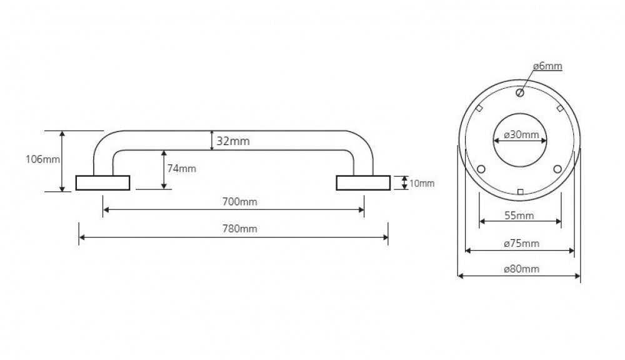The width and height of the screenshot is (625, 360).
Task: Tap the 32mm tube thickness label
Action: (x=233, y=141)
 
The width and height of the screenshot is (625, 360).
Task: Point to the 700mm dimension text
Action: (x=241, y=201)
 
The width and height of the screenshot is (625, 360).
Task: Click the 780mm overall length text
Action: (x=241, y=229)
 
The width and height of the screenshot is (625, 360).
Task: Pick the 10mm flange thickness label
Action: (x=421, y=183)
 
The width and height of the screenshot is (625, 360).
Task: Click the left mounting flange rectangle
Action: (x=102, y=182)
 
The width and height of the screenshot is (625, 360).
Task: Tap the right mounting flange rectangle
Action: (x=362, y=182)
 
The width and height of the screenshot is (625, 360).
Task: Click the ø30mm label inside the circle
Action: (x=521, y=135)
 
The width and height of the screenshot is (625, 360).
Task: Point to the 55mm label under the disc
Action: (x=520, y=216)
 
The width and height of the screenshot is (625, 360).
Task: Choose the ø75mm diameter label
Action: (x=521, y=243)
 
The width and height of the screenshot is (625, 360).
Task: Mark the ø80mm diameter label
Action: (x=521, y=269)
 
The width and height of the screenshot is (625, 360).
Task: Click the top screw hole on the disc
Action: (x=519, y=93)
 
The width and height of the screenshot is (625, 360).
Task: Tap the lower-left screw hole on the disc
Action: (x=481, y=169)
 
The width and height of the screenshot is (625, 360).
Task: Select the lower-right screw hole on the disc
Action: (x=558, y=169)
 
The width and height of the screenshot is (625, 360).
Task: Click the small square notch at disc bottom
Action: (x=520, y=191)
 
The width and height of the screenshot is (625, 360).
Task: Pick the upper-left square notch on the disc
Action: (x=479, y=108)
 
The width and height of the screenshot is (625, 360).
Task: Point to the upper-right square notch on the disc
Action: (x=559, y=108)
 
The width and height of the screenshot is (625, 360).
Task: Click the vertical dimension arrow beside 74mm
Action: (x=164, y=169)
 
